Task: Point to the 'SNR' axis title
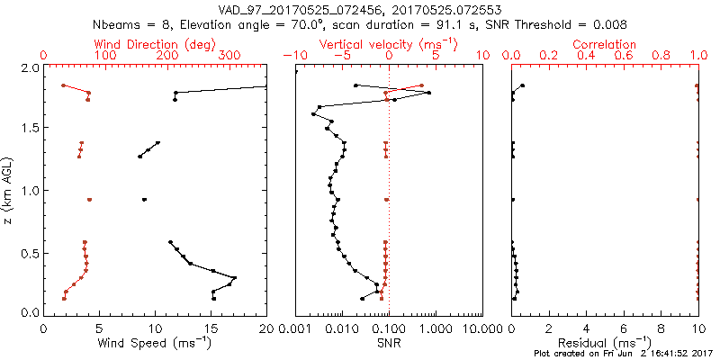389,343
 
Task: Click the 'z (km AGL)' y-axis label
12,190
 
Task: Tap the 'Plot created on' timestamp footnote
620,354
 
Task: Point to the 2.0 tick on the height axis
28,68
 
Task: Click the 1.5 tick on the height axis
28,129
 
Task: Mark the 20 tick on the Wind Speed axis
266,328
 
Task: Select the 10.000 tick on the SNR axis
482,328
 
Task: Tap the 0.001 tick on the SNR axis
295,328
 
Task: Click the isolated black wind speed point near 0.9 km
144,199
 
